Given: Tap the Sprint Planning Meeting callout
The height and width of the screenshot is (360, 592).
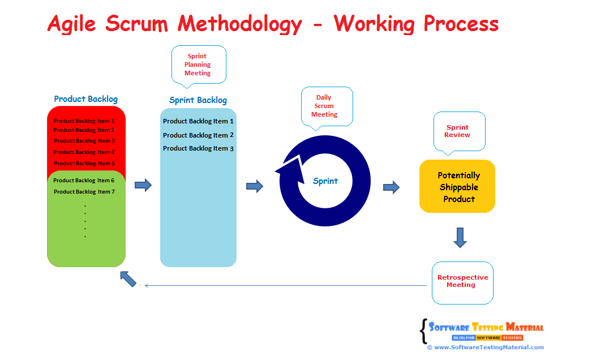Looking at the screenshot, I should [x=198, y=65].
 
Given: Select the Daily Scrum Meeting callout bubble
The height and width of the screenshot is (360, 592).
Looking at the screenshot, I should [x=325, y=106].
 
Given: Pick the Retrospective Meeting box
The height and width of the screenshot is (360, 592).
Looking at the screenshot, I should [x=462, y=281].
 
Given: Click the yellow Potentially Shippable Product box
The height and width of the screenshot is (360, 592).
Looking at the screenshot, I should [x=457, y=187].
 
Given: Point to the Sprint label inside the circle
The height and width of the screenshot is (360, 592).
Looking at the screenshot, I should [x=325, y=181].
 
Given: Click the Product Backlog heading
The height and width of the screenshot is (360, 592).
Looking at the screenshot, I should [x=86, y=99].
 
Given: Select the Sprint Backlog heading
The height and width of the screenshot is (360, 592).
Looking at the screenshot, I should [x=198, y=100].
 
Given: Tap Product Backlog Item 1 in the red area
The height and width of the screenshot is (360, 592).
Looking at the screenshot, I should [x=84, y=121].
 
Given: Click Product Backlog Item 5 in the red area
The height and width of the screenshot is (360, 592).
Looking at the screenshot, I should [x=84, y=163].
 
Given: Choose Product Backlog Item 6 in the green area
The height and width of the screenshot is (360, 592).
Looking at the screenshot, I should [x=84, y=180].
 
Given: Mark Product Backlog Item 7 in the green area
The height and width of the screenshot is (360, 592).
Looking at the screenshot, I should [x=84, y=191].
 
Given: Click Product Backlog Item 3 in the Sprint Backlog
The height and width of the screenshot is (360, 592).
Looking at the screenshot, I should [x=198, y=148].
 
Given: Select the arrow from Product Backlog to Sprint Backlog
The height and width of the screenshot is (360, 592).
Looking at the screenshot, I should [x=143, y=185].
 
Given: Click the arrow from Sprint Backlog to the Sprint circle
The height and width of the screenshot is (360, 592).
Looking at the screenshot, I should [x=255, y=186].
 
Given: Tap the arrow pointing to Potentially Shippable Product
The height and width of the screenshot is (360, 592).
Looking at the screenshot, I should [x=391, y=187].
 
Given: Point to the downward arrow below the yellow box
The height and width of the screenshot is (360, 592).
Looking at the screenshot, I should [x=460, y=237].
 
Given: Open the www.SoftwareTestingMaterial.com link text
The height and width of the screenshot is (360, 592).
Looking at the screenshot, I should [x=488, y=347].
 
